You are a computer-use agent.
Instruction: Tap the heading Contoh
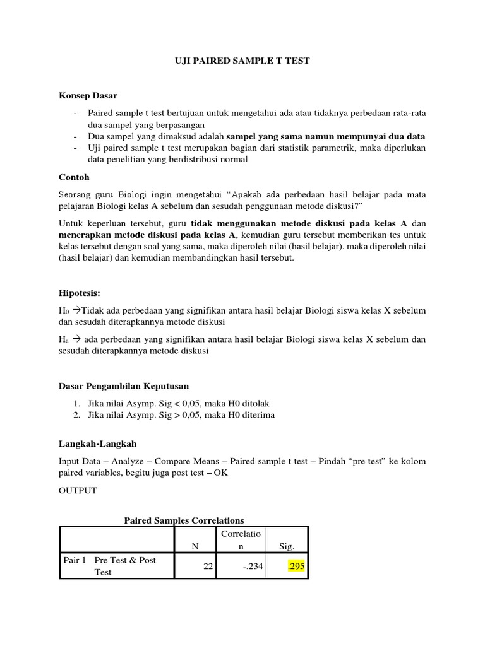[75, 177]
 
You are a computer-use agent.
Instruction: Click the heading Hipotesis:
[80, 293]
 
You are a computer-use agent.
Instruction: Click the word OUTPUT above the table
[78, 491]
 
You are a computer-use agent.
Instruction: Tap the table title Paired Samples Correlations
[184, 520]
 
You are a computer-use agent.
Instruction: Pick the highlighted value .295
[296, 567]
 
